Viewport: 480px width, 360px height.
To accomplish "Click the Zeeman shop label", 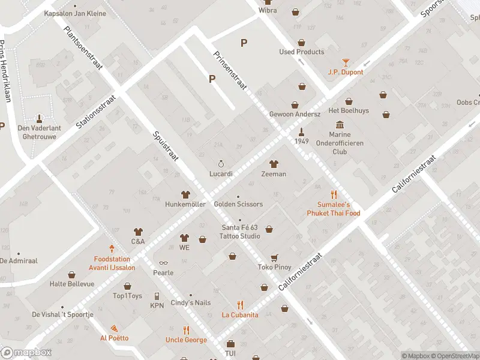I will point(274,174).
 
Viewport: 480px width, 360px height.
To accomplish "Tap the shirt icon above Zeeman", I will point(274,164).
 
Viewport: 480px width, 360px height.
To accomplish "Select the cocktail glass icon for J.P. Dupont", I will point(346,62).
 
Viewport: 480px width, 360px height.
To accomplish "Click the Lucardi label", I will point(221,174).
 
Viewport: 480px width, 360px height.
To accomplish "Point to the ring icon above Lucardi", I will point(221,164).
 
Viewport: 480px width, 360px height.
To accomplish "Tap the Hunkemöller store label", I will point(185,205).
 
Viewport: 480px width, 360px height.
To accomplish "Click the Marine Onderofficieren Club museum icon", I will point(340,125).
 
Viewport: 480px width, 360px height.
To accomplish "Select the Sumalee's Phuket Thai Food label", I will point(334,209).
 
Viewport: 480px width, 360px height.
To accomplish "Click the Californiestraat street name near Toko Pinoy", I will point(301,272).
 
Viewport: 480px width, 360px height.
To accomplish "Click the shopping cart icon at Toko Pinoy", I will point(274,257).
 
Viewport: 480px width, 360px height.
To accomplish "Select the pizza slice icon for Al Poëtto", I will point(114,328).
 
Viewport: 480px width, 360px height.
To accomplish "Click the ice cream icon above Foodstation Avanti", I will point(112,248).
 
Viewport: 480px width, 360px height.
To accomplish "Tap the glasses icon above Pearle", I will point(163,263).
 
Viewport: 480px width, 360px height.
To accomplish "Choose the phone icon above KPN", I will point(157,296).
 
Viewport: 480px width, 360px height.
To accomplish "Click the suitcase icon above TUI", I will point(230,344).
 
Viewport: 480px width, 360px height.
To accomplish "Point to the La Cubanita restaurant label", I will point(240,314).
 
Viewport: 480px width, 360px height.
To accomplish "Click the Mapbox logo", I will point(26,353).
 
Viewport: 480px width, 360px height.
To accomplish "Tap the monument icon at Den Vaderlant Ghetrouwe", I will point(40,118).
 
